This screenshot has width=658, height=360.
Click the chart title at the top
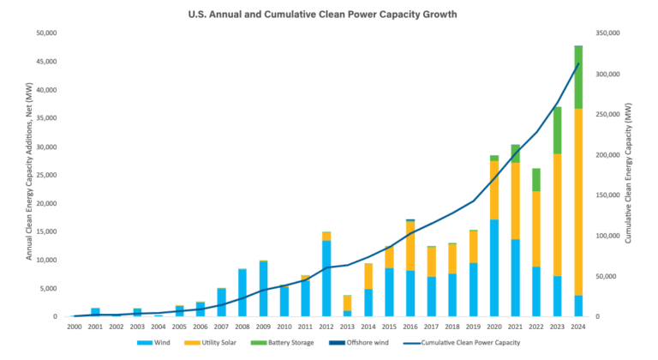pyautogui.click(x=328, y=14)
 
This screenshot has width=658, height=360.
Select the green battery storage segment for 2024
pyautogui.click(x=578, y=77)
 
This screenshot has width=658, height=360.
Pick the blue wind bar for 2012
pyautogui.click(x=326, y=279)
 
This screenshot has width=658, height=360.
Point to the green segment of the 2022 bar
pyautogui.click(x=536, y=179)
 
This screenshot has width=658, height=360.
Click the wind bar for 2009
pyautogui.click(x=264, y=289)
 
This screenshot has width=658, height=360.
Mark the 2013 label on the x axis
pyautogui.click(x=347, y=327)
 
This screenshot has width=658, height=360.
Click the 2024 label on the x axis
pyautogui.click(x=577, y=327)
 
